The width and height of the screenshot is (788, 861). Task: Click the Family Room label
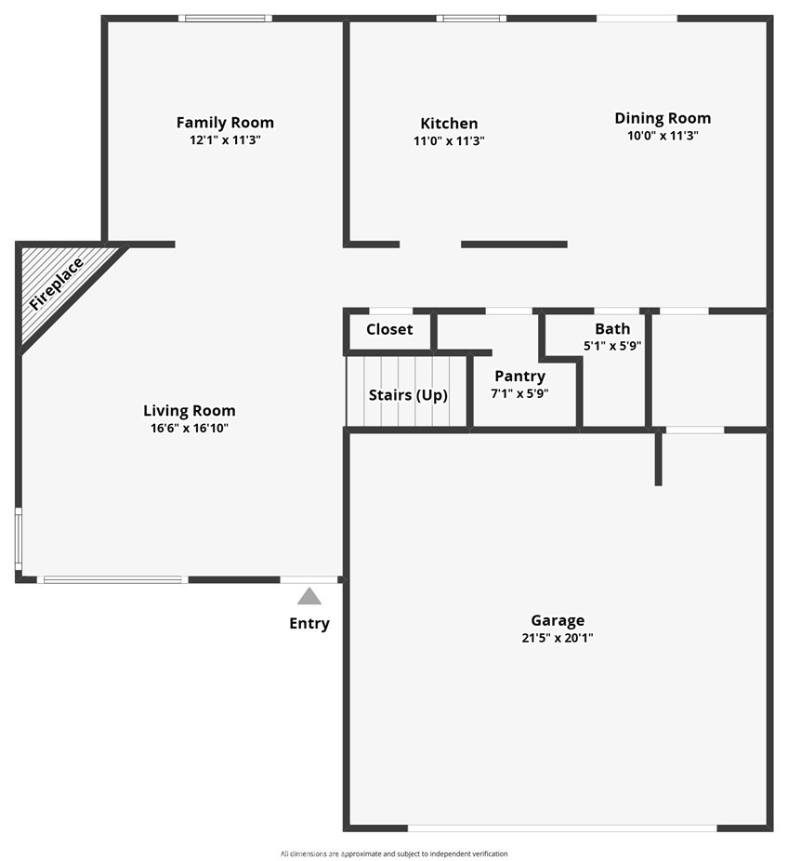[x=225, y=123]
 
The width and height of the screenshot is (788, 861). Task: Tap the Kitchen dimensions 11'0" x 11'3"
[x=449, y=141]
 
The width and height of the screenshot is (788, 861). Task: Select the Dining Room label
[x=663, y=119]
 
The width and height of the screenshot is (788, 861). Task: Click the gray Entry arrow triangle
[x=309, y=596]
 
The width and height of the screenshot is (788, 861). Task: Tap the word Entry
[x=309, y=624]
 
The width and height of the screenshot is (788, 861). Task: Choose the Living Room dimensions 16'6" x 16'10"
[x=190, y=429]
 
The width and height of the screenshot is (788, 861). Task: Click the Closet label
[x=389, y=329]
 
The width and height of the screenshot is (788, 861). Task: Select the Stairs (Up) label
[x=408, y=395]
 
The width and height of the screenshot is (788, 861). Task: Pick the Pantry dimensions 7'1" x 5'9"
[x=519, y=393]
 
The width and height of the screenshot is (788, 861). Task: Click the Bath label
[x=612, y=329]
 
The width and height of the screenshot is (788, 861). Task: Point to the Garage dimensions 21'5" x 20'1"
[x=558, y=638]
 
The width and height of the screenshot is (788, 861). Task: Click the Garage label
[x=558, y=620]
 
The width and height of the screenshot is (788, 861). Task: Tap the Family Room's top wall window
[x=225, y=18]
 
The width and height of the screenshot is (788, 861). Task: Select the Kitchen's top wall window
[x=471, y=18]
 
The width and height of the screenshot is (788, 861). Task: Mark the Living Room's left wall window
[x=18, y=539]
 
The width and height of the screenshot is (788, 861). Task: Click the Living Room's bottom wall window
[x=112, y=579]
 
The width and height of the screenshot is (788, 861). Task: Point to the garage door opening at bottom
[x=562, y=828]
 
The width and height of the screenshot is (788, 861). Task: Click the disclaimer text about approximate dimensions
[x=394, y=854]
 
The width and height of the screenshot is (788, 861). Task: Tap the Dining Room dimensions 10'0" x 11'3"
[x=663, y=136]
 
